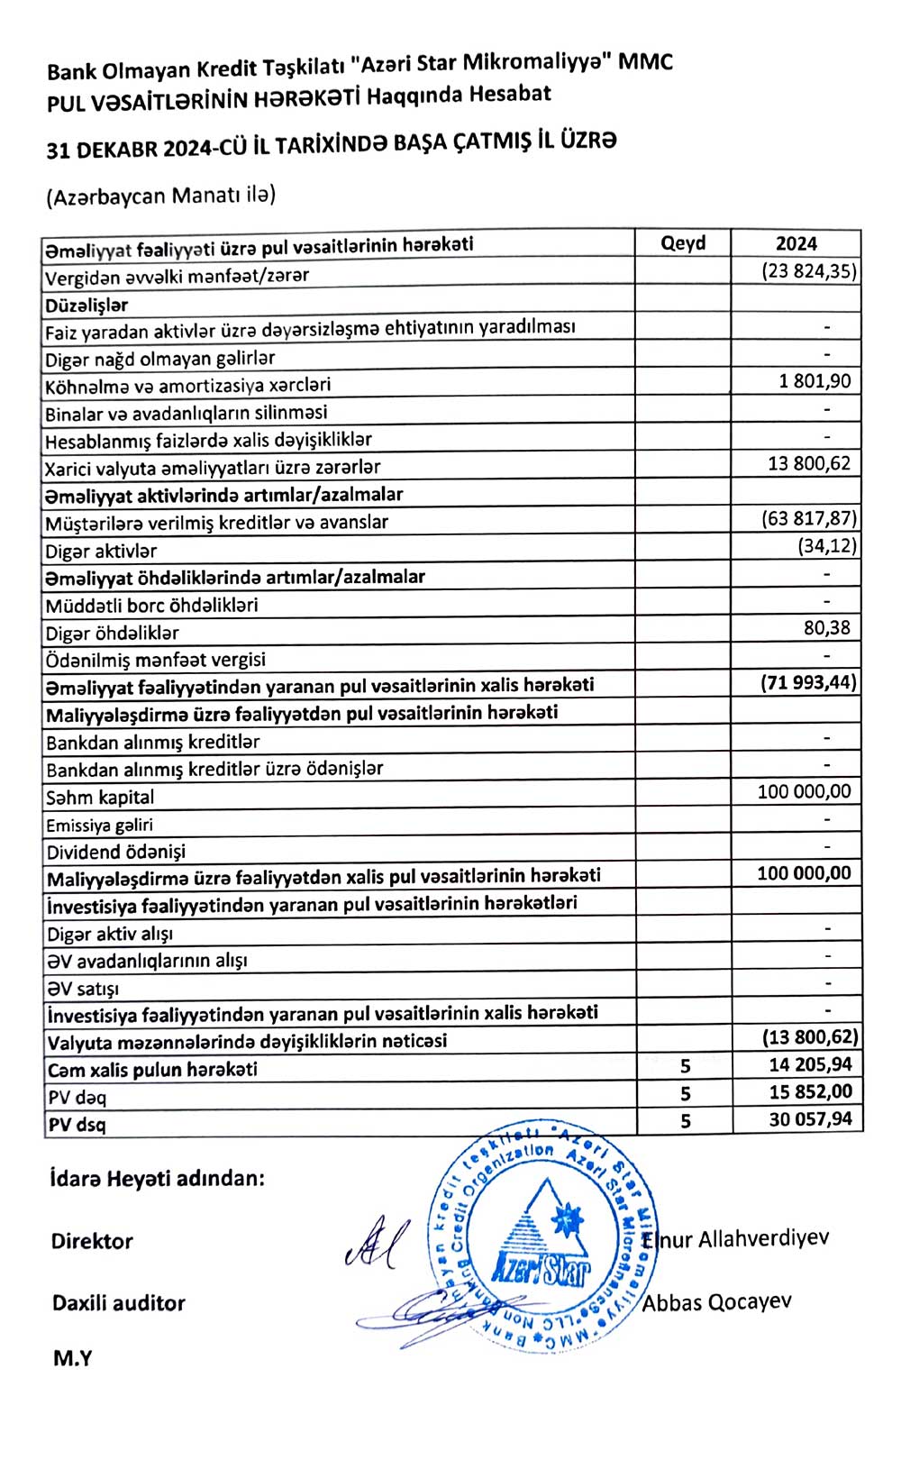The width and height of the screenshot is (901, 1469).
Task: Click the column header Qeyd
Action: (x=683, y=243)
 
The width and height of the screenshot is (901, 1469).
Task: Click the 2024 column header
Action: (x=796, y=243)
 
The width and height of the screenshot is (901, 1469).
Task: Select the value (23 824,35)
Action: (x=809, y=271)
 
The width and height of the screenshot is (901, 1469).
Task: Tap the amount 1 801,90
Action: (x=815, y=381)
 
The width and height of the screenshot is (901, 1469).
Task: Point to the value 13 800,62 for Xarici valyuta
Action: (x=809, y=464)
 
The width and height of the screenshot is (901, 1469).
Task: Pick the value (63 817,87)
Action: (x=809, y=518)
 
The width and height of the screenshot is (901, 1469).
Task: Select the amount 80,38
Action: (x=826, y=628)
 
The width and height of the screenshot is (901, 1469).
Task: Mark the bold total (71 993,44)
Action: (x=808, y=682)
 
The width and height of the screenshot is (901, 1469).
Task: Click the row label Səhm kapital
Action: (x=100, y=798)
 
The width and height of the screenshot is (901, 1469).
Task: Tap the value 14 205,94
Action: (x=810, y=1064)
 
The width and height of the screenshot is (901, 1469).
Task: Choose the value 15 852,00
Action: (x=810, y=1091)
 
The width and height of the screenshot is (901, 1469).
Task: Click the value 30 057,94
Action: (x=810, y=1119)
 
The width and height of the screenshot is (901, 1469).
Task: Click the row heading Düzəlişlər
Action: (x=86, y=306)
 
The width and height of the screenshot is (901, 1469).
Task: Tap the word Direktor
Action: (x=92, y=1241)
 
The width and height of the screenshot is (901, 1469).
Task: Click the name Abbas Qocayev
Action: (x=717, y=1302)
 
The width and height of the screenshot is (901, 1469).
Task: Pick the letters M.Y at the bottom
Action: (x=72, y=1358)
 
